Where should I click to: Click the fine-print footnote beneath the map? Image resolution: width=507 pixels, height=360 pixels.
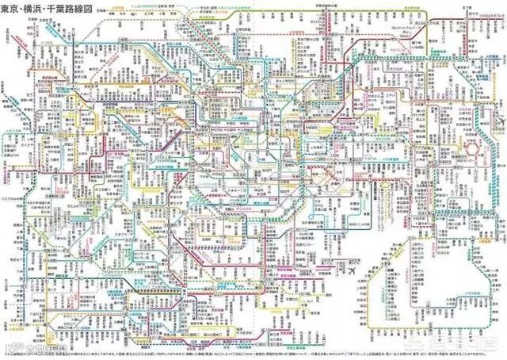click(x=238, y=348)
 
